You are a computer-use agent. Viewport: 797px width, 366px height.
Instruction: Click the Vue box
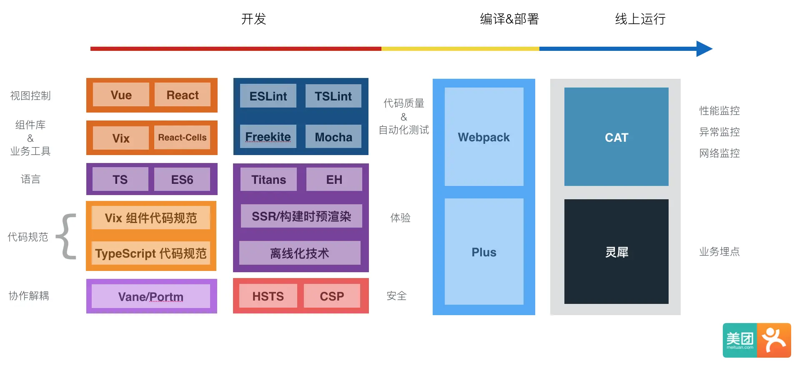click(x=121, y=95)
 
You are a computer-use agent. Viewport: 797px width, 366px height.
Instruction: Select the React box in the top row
click(x=183, y=95)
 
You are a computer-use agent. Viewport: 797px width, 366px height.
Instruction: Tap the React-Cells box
click(x=182, y=137)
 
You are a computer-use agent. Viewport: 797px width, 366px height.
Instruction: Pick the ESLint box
click(x=268, y=96)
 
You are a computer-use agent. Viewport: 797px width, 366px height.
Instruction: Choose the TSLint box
click(x=333, y=96)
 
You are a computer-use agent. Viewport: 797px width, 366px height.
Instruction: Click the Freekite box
click(x=268, y=136)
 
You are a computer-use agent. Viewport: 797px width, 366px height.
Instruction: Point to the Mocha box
click(x=333, y=136)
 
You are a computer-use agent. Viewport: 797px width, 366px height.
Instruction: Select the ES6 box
click(x=182, y=179)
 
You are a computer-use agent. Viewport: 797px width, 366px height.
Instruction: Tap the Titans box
click(x=268, y=179)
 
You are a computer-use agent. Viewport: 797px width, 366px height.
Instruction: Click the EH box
click(x=334, y=179)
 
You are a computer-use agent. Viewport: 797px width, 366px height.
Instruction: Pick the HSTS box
click(x=268, y=296)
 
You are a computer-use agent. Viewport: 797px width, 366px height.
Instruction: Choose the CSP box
click(x=332, y=296)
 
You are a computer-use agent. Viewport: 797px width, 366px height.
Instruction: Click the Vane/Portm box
click(x=150, y=296)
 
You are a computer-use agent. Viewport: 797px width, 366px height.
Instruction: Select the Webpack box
click(x=484, y=137)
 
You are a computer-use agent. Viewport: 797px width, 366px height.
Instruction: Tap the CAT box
click(x=616, y=137)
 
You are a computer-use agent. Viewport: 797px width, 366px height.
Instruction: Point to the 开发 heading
click(x=253, y=19)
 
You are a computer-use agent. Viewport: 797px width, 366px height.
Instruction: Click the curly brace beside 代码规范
click(x=67, y=236)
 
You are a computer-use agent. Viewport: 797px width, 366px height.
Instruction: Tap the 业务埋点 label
click(x=719, y=251)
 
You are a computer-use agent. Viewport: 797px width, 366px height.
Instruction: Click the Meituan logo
click(x=757, y=340)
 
